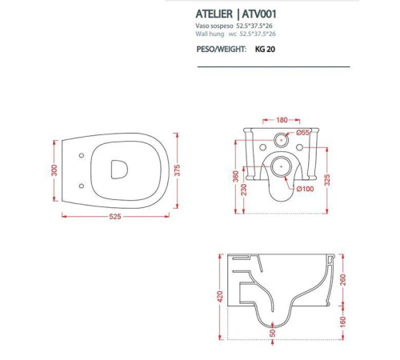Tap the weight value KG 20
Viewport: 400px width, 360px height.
coord(266,48)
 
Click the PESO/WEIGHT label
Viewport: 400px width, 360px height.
coord(222,48)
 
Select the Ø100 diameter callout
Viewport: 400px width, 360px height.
coord(305,189)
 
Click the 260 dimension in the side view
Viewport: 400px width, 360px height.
coord(344,280)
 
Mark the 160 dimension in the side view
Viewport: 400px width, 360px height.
coord(344,324)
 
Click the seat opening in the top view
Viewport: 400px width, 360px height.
coord(118,168)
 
